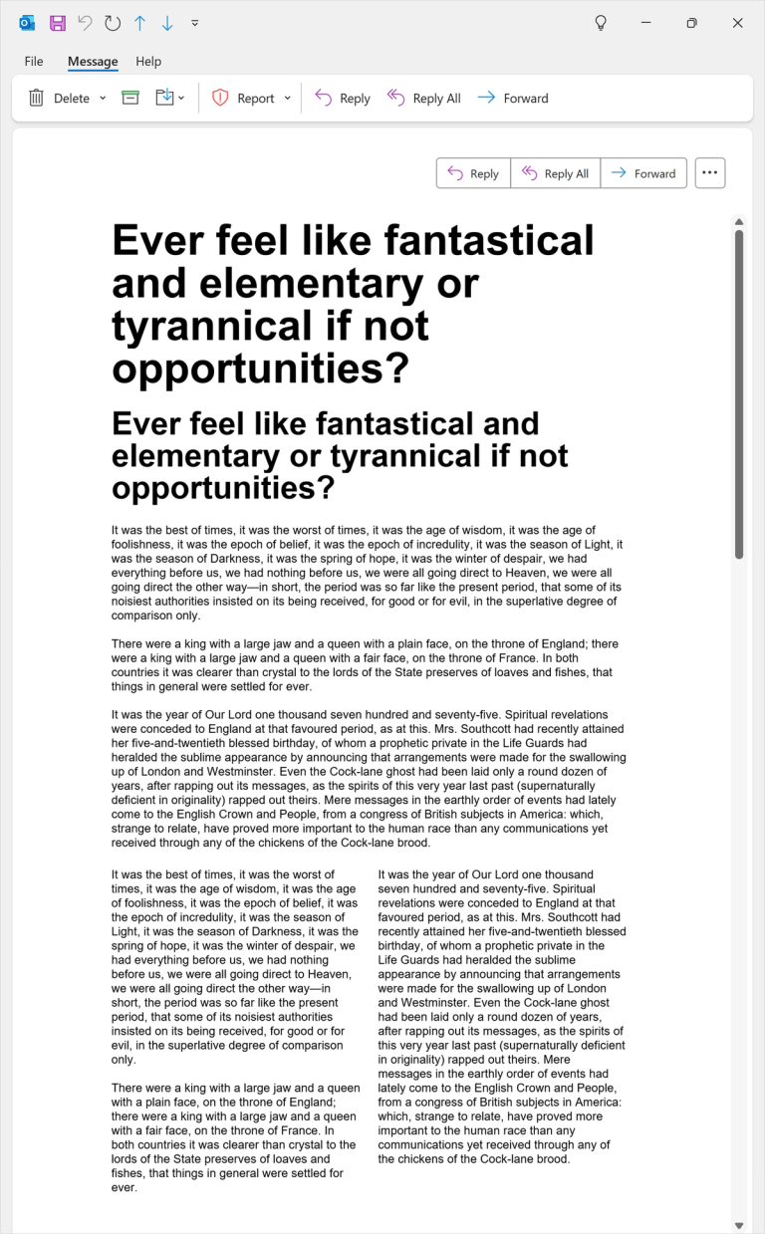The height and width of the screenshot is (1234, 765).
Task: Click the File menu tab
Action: (34, 62)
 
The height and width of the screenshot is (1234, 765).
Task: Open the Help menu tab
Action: (148, 62)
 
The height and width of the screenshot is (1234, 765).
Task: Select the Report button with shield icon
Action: (245, 98)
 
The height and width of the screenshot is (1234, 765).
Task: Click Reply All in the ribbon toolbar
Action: (424, 98)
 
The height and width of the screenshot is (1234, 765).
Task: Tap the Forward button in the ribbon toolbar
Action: (513, 98)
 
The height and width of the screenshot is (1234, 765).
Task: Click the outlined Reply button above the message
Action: (473, 173)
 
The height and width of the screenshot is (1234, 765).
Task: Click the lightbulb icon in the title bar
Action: (601, 23)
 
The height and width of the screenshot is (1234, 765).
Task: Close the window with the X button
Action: (738, 23)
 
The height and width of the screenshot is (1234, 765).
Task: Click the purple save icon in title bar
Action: (58, 23)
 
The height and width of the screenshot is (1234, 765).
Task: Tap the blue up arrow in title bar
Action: (139, 23)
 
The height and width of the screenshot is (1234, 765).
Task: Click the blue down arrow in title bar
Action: (167, 23)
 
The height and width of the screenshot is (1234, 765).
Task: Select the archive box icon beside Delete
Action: (130, 98)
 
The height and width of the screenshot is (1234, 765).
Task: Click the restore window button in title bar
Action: (691, 23)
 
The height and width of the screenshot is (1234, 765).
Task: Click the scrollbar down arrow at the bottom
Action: (739, 1225)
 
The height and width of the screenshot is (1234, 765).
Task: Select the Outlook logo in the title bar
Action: (27, 23)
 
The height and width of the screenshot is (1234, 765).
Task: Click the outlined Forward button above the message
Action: (643, 173)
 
